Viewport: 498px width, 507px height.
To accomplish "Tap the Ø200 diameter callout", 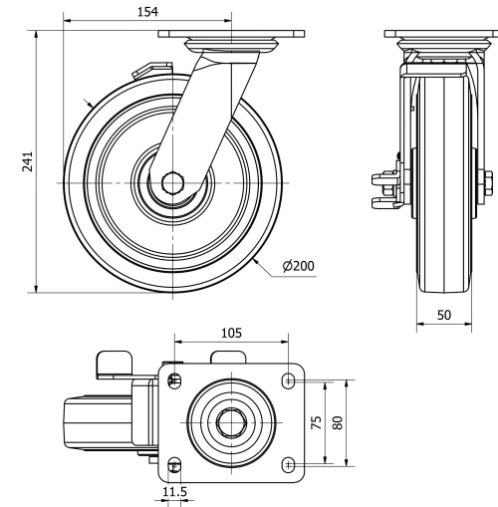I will pyautogui.click(x=298, y=266).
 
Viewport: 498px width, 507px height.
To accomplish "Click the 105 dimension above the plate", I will pyautogui.click(x=230, y=333).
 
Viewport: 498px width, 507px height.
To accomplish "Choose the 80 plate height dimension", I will pyautogui.click(x=338, y=421).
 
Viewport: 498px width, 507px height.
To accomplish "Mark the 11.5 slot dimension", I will pyautogui.click(x=174, y=492).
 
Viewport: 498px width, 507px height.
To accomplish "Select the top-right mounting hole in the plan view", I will pyautogui.click(x=289, y=380).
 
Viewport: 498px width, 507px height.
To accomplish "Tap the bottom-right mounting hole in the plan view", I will pyautogui.click(x=289, y=463).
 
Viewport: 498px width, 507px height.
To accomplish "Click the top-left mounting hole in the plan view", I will pyautogui.click(x=175, y=380).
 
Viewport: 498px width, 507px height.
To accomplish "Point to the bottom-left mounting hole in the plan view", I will pyautogui.click(x=175, y=463).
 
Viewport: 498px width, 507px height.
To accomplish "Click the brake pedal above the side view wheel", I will pyautogui.click(x=143, y=71).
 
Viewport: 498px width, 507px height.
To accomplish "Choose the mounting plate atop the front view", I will pyautogui.click(x=439, y=34).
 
